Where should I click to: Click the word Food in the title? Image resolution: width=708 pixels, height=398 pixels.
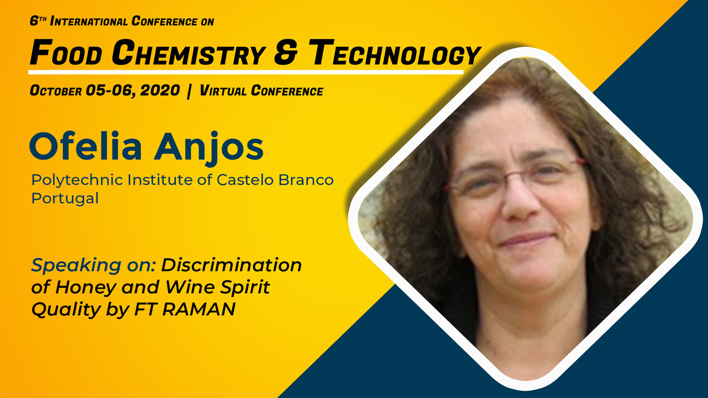click(x=66, y=53)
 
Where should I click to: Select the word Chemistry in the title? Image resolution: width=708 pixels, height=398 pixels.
click(x=189, y=53)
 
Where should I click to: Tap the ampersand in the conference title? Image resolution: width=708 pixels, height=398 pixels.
click(x=286, y=53)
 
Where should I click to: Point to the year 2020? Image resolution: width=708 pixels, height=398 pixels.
click(x=160, y=91)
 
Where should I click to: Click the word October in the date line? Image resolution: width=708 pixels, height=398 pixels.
click(x=56, y=91)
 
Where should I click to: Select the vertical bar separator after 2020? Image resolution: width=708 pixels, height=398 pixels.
click(x=189, y=91)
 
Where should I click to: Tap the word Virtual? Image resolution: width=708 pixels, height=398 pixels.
click(x=223, y=91)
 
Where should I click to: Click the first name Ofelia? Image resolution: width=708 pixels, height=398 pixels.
click(x=86, y=146)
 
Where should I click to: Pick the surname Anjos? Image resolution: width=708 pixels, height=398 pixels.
click(x=209, y=148)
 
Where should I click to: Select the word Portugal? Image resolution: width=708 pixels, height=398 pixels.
click(x=65, y=199)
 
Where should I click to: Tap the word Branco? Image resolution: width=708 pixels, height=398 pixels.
click(x=306, y=180)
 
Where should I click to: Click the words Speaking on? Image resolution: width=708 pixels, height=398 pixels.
click(x=93, y=265)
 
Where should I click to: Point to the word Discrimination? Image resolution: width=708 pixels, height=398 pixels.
click(x=231, y=265)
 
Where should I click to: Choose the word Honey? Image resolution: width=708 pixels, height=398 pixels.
click(x=84, y=288)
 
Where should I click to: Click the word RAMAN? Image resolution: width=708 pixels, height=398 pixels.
click(x=199, y=309)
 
